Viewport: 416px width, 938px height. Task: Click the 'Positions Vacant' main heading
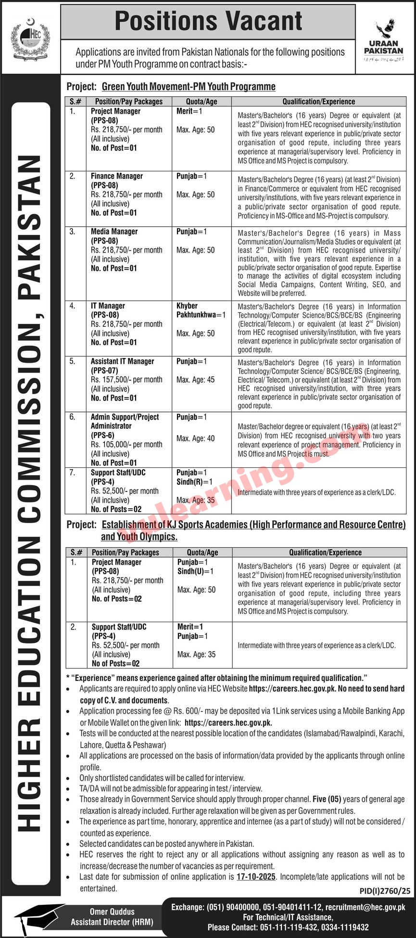tap(208, 21)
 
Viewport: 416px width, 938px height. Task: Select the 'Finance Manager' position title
tap(117, 176)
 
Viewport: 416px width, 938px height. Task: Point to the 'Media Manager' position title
tap(114, 231)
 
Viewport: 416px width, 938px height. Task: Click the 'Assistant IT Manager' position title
tap(123, 361)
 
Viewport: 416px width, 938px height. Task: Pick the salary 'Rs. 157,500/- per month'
tap(126, 380)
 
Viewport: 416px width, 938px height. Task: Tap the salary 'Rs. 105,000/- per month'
tap(126, 445)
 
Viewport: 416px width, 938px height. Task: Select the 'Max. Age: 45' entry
tap(195, 380)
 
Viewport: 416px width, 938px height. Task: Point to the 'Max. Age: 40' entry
tap(195, 438)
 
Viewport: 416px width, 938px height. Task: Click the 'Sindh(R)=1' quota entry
tap(194, 482)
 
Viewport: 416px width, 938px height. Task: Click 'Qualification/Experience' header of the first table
tap(318, 102)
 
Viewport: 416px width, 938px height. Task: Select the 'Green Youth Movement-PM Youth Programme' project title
tap(189, 87)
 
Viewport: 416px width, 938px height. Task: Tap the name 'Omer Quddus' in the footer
tap(112, 912)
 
